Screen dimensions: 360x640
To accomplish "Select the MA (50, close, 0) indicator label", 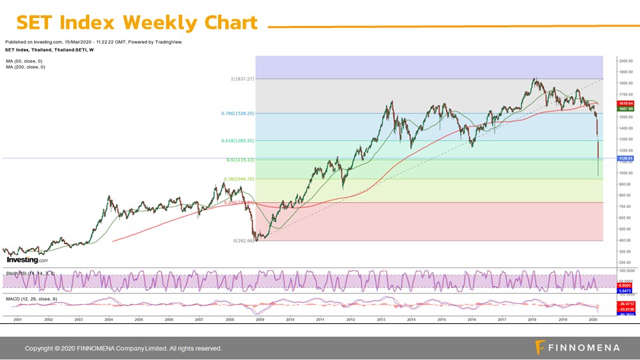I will pyautogui.click(x=25, y=61).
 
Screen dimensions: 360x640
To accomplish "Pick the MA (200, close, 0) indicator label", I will pyautogui.click(x=26, y=67).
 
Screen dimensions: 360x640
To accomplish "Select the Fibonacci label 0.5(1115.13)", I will pyautogui.click(x=240, y=160).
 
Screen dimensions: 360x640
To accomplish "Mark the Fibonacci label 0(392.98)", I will pyautogui.click(x=244, y=241).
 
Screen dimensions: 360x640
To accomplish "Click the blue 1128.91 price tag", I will pyautogui.click(x=625, y=159).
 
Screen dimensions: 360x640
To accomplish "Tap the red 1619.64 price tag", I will pyautogui.click(x=625, y=103).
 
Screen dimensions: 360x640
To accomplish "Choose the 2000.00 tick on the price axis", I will pyautogui.click(x=627, y=60).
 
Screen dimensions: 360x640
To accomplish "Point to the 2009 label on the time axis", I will pyautogui.click(x=259, y=320).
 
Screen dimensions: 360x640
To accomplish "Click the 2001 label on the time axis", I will pyautogui.click(x=18, y=320).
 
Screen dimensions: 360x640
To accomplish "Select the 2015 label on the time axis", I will pyautogui.click(x=441, y=320).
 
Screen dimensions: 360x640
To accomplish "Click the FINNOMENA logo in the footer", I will pyautogui.click(x=578, y=347).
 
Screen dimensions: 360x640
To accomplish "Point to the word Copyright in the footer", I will pyautogui.click(x=40, y=349).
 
